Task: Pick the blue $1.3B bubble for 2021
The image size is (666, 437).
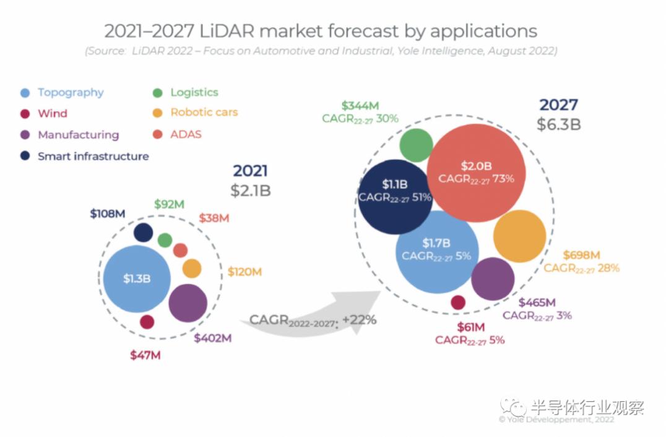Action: coord(137,279)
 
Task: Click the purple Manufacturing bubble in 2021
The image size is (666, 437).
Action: coord(188,303)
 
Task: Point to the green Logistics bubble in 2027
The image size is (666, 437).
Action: coord(416,145)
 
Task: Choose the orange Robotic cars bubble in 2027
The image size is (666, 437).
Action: coord(519,236)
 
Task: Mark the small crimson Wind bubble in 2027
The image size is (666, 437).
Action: coord(458,302)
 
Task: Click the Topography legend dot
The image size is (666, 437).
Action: coord(25,93)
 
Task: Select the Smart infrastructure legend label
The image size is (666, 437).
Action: coord(93,156)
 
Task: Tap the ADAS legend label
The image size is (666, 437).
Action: coord(186,134)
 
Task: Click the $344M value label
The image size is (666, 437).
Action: coord(360,105)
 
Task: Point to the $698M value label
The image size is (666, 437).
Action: coord(582,255)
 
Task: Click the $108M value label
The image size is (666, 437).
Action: coord(107,214)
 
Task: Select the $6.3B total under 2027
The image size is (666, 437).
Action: coord(559,124)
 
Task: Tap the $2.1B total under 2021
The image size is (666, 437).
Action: coord(251,190)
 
